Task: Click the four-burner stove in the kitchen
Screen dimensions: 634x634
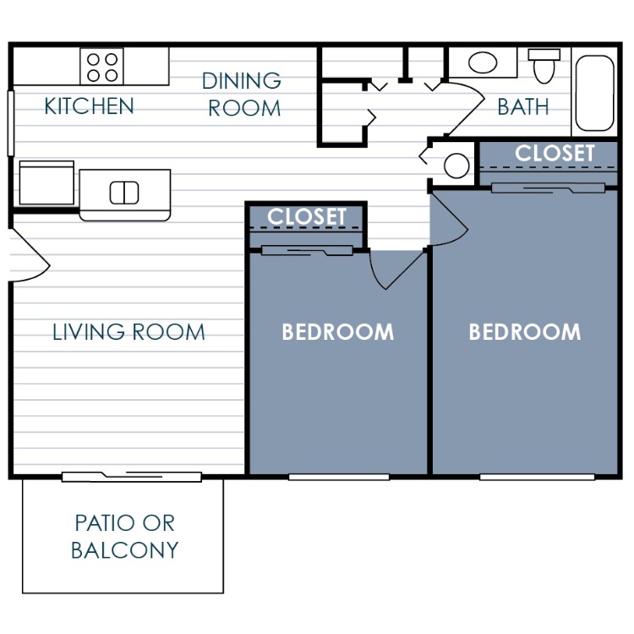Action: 102,67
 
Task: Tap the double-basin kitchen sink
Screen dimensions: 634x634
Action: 124,193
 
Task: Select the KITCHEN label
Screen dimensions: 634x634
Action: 89,107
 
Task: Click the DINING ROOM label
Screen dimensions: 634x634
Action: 243,95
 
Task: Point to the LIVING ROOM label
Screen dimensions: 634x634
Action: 128,331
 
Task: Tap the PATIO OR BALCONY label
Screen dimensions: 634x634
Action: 124,537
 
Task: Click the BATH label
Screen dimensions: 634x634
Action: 522,107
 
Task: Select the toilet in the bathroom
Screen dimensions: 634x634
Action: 544,65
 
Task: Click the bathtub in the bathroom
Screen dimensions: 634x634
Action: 595,93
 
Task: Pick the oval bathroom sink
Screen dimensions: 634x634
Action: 483,63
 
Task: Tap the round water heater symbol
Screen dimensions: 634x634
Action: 456,166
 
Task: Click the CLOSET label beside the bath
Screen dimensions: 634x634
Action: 555,154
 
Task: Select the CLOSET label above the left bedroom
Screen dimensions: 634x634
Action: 306,217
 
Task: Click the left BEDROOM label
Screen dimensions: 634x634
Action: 337,331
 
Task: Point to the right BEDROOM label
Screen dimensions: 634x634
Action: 524,331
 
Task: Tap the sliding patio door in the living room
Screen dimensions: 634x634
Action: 131,477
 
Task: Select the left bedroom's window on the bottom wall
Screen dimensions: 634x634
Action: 338,477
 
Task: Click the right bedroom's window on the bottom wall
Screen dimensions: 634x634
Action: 525,477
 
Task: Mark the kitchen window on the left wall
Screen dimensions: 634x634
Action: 11,123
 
